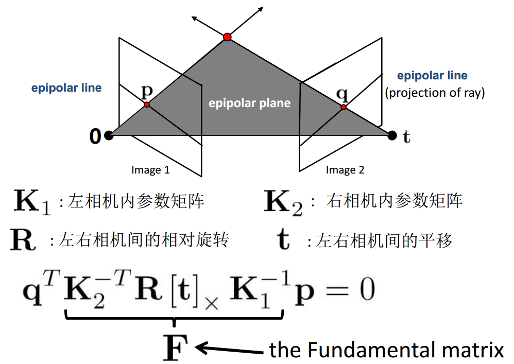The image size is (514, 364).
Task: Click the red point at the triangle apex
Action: pyautogui.click(x=227, y=37)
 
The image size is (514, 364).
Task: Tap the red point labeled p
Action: pyautogui.click(x=147, y=105)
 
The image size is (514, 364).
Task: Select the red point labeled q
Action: pyautogui.click(x=343, y=107)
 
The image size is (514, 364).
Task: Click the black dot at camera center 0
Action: pyautogui.click(x=108, y=135)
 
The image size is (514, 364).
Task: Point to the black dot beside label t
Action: pyautogui.click(x=392, y=135)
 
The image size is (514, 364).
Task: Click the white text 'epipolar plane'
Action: pyautogui.click(x=249, y=103)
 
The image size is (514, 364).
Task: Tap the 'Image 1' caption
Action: pyautogui.click(x=150, y=170)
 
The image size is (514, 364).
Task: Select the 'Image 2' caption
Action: pyautogui.click(x=345, y=170)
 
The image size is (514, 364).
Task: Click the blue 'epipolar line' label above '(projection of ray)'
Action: pyautogui.click(x=432, y=76)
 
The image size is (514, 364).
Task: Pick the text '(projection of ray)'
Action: pyautogui.click(x=435, y=93)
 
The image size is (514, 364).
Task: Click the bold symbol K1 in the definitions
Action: pyautogui.click(x=32, y=202)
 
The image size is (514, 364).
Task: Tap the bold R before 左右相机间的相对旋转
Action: pyautogui.click(x=23, y=240)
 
